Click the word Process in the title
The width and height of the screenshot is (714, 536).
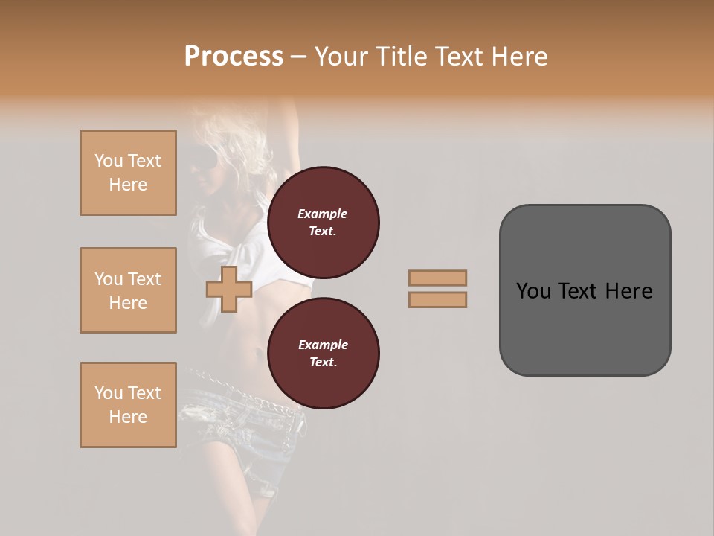[x=234, y=56]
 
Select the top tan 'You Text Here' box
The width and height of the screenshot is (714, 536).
[x=128, y=173]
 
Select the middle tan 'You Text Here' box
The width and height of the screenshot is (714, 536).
[x=128, y=290]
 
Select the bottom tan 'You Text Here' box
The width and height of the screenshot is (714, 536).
[x=128, y=405]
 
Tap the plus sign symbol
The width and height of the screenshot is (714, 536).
[x=229, y=289]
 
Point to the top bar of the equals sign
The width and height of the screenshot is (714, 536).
[x=438, y=278]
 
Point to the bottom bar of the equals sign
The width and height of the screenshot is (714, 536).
[x=438, y=299]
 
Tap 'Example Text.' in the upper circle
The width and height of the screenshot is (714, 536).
[x=323, y=222]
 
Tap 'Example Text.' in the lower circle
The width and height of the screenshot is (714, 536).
[x=323, y=353]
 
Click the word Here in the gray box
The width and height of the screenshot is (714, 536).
[x=628, y=290]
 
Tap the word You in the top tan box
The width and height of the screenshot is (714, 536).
[x=109, y=161]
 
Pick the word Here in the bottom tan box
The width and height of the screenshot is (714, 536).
[x=128, y=417]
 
